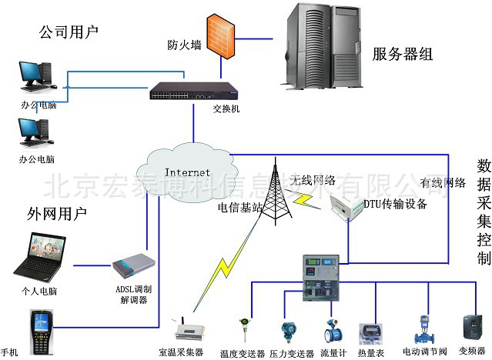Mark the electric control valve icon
[x=422, y=328]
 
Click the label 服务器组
[x=402, y=54]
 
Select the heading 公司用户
[x=69, y=32]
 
